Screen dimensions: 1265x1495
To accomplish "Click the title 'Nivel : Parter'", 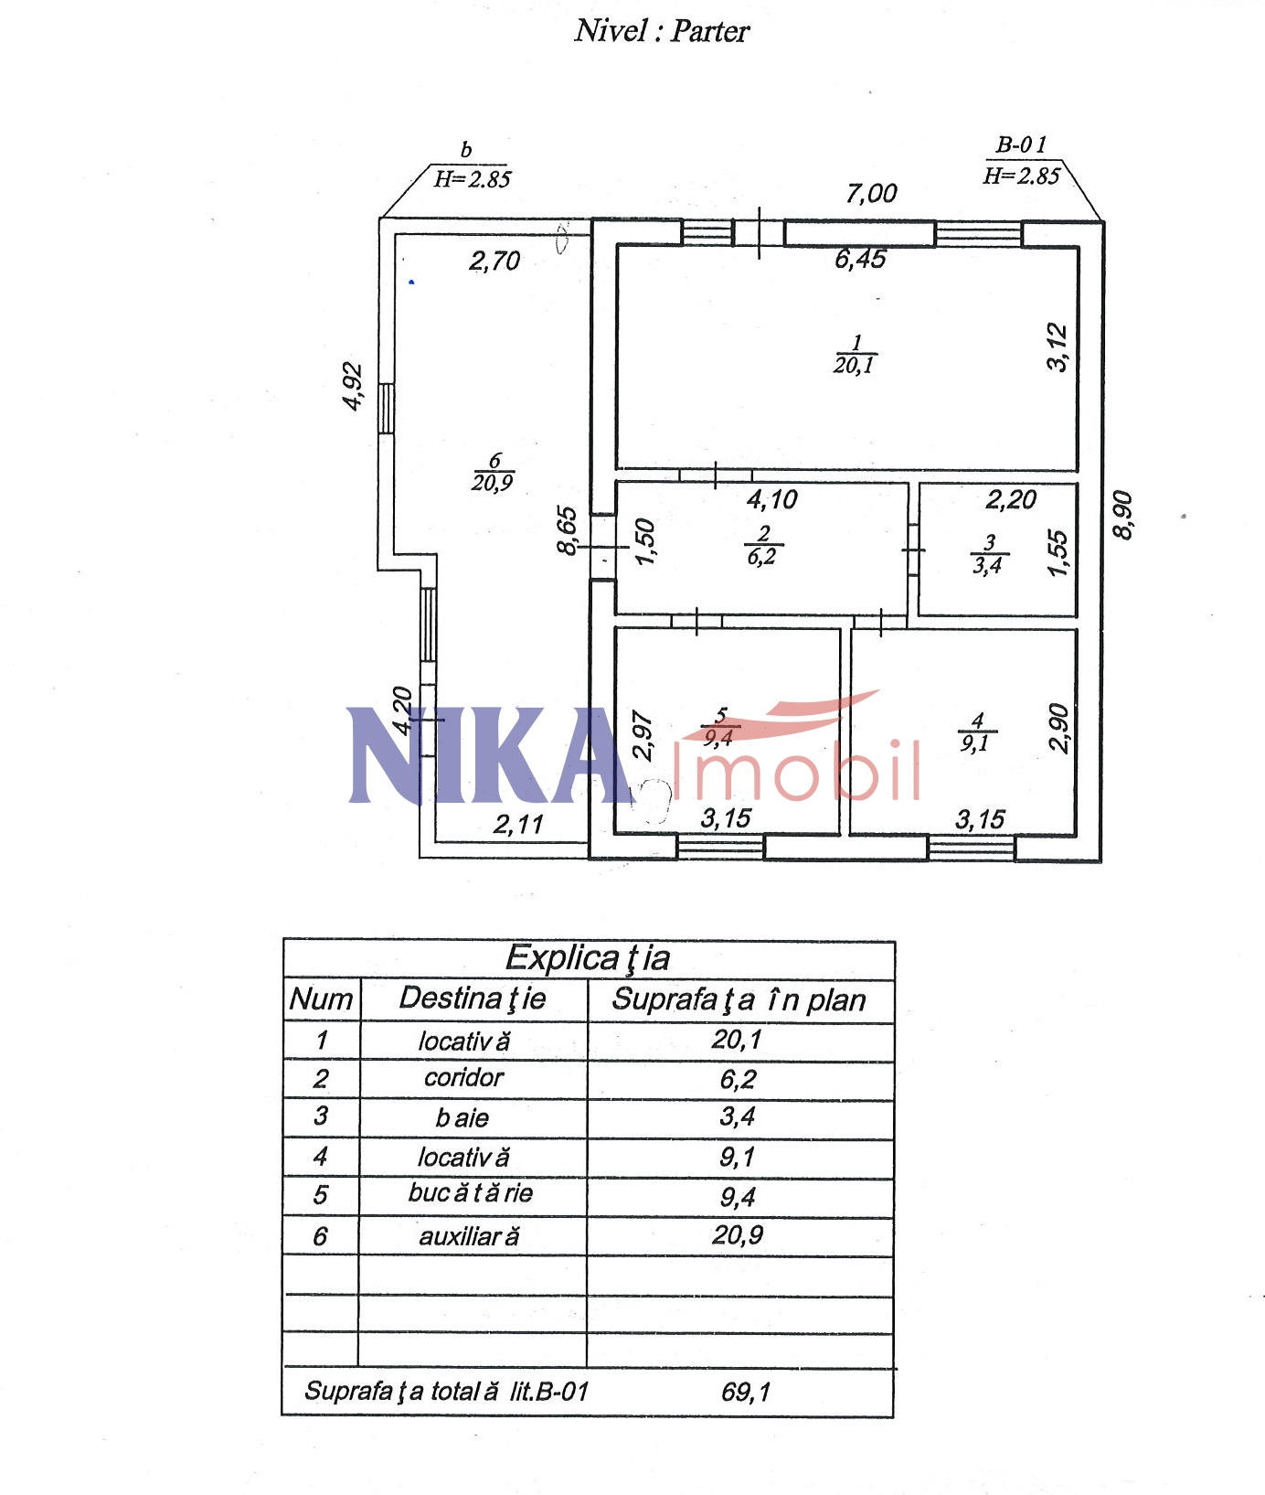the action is coord(662,31).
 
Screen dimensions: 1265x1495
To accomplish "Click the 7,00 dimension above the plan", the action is coord(871,193).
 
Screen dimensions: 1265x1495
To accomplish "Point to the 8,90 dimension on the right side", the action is coord(1123,516).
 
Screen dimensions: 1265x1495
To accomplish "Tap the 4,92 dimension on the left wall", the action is coord(353,387).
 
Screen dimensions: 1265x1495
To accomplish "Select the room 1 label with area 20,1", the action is coord(855,355).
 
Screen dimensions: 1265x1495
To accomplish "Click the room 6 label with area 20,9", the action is coord(493,472).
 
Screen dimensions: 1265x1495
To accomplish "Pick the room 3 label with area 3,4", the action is coord(988,555).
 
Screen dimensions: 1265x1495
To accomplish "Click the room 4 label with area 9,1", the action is coord(976,732).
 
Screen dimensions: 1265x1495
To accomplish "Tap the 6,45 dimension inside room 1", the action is coord(860,259).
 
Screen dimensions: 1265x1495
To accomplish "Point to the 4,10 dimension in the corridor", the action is coord(772,499).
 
